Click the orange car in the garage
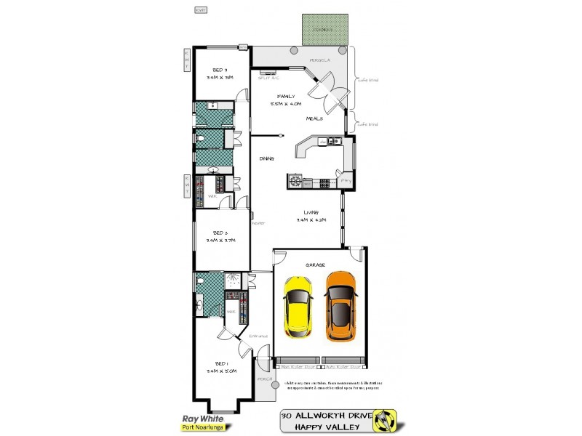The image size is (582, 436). pos(340,306)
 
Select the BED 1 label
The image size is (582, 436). pos(221,363)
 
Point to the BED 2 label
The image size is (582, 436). pos(221,233)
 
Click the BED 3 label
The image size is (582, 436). pos(220,70)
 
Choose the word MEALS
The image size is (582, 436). pos(314,118)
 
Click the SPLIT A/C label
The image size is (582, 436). pos(268,78)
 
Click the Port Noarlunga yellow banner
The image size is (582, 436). pos(202,427)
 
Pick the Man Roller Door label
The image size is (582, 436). pos(297,368)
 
